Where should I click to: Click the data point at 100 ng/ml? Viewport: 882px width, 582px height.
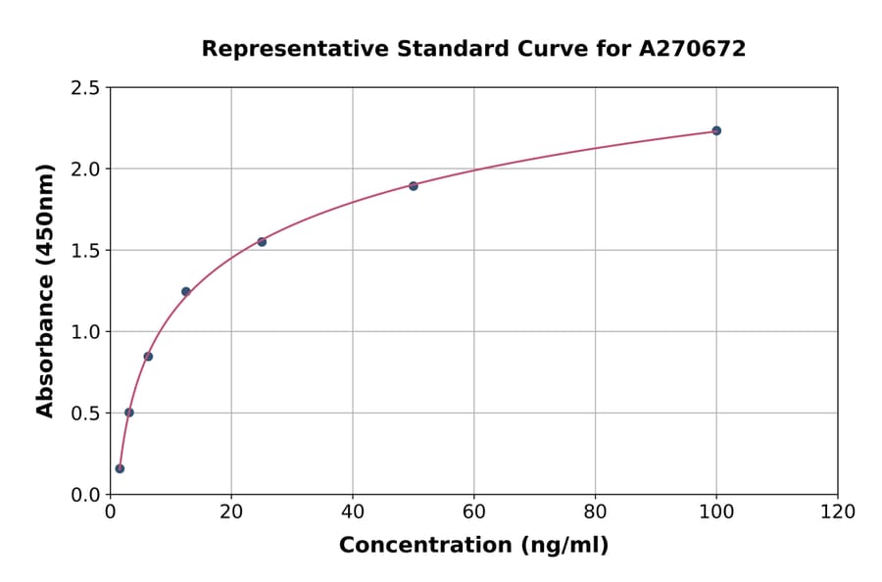coord(716,130)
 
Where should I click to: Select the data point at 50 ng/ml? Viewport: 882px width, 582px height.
coord(414,185)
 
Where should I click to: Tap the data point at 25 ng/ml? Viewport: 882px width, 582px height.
coord(262,241)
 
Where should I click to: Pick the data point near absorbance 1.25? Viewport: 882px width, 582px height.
coord(186,291)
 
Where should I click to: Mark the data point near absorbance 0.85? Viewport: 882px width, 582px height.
coord(148,356)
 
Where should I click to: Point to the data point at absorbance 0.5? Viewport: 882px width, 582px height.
coord(129,412)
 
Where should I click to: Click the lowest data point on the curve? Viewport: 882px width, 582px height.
coord(120,468)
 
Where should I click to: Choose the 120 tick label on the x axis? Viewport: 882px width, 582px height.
coord(838,511)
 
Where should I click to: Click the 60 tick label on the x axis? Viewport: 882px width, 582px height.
coord(473,511)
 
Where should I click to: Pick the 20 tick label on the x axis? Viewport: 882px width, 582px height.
coord(231,511)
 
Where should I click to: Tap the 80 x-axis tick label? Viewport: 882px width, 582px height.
coord(595,511)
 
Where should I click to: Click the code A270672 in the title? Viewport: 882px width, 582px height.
coord(693,49)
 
